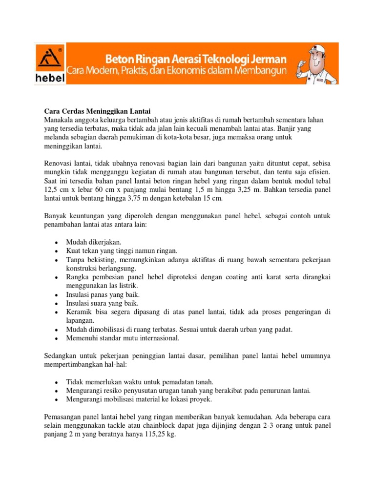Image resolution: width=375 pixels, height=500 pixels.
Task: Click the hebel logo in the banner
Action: pyautogui.click(x=49, y=64)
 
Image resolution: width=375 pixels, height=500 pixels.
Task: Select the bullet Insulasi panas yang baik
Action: pyautogui.click(x=103, y=295)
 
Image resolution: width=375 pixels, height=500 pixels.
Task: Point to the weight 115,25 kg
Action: pyautogui.click(x=157, y=434)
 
